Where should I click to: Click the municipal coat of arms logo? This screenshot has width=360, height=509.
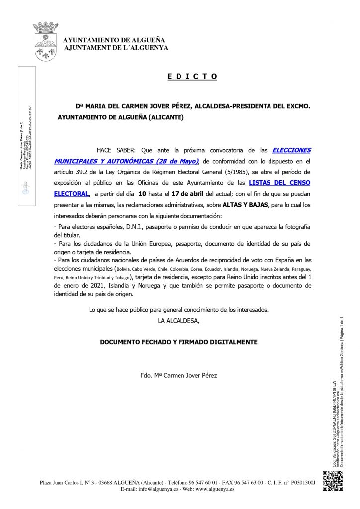pos(45,40)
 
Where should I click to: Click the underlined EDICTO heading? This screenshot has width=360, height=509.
pos(192,77)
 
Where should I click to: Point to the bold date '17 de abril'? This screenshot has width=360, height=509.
pos(187,194)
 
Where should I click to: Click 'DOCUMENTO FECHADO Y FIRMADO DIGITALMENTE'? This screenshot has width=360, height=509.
pos(179,342)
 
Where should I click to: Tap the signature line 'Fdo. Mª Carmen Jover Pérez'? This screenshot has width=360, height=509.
pos(179,375)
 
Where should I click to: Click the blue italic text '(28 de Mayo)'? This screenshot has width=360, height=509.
pos(170,161)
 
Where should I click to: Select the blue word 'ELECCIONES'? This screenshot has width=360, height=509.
pos(292,150)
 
